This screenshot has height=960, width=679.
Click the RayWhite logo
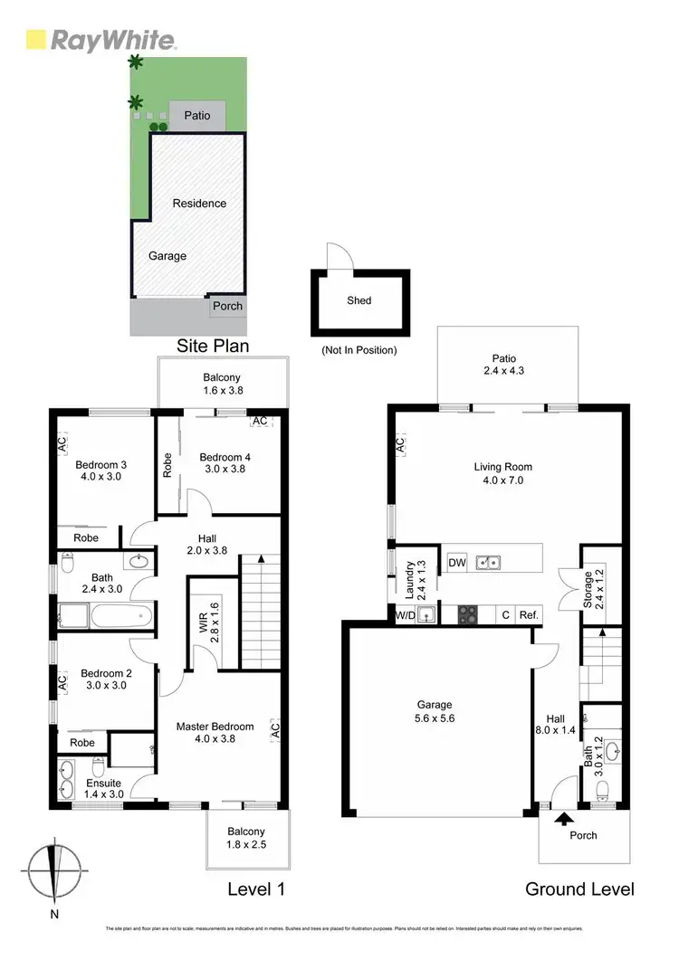pyautogui.click(x=100, y=40)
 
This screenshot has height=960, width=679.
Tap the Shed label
pyautogui.click(x=359, y=300)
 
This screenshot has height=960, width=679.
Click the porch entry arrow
pyautogui.click(x=563, y=820)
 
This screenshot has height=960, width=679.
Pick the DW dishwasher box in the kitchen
pyautogui.click(x=457, y=563)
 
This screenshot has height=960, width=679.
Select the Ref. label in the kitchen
pyautogui.click(x=530, y=616)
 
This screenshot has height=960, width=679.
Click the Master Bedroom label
pyautogui.click(x=215, y=727)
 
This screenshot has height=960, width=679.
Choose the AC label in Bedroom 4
pyautogui.click(x=261, y=422)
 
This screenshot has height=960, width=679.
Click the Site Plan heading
pyautogui.click(x=213, y=346)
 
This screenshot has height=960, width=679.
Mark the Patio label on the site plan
pyautogui.click(x=197, y=116)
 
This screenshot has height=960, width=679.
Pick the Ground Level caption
pyautogui.click(x=579, y=889)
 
